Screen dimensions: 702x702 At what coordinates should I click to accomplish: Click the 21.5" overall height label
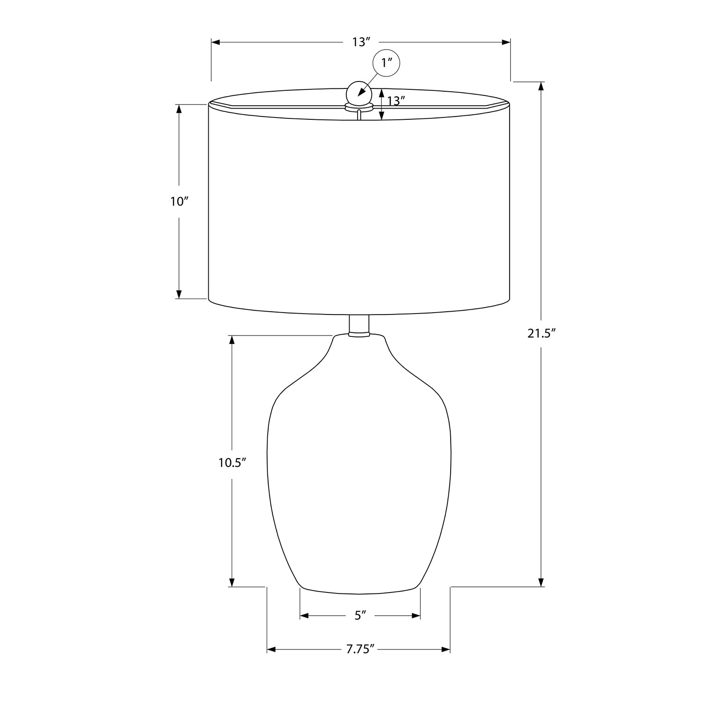pyautogui.click(x=541, y=334)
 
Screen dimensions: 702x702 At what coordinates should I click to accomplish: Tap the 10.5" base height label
pyautogui.click(x=232, y=462)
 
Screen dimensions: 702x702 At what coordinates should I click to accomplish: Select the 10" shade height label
pyautogui.click(x=179, y=202)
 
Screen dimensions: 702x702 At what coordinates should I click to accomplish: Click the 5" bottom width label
pyautogui.click(x=359, y=615)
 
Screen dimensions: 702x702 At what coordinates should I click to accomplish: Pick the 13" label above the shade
pyautogui.click(x=361, y=42)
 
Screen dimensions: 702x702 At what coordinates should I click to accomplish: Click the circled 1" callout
pyautogui.click(x=386, y=63)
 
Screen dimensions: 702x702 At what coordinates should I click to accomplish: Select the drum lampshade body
pyautogui.click(x=359, y=206)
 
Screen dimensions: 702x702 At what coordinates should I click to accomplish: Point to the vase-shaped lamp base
pyautogui.click(x=359, y=468)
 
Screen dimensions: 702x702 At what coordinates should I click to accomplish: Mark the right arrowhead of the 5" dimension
pyautogui.click(x=416, y=615)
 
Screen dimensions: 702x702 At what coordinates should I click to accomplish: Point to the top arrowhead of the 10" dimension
pyautogui.click(x=179, y=109)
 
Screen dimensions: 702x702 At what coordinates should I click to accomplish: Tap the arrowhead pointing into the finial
pyautogui.click(x=361, y=94)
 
